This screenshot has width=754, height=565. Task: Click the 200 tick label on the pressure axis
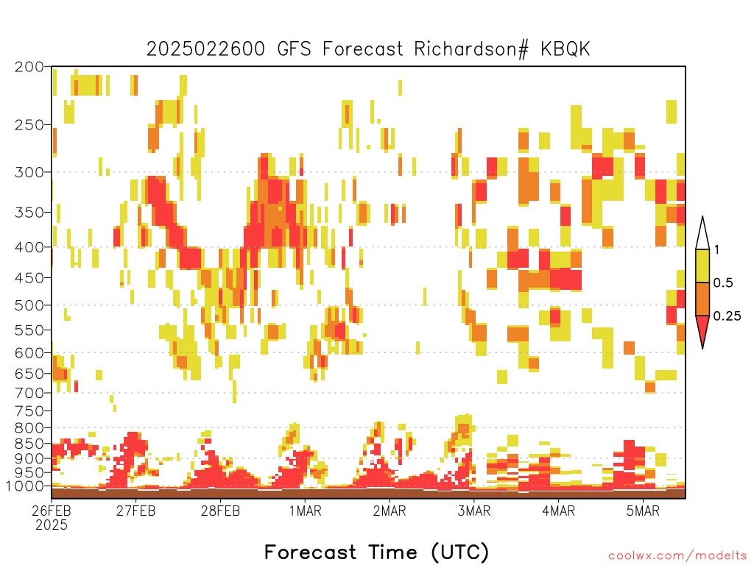point(29,67)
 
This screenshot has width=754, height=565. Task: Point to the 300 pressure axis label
point(29,172)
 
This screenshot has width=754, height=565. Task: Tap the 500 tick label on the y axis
point(29,305)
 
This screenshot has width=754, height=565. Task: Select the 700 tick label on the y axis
point(29,393)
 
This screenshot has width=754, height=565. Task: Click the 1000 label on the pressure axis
point(25,486)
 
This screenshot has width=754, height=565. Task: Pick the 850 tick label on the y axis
point(29,443)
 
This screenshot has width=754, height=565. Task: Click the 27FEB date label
point(136,511)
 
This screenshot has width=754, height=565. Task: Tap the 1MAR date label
point(306,511)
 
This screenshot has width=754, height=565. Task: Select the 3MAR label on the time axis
point(473,511)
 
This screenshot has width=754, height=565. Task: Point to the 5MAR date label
point(643,511)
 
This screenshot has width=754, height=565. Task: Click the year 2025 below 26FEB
point(52,525)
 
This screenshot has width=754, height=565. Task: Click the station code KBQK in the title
point(565,49)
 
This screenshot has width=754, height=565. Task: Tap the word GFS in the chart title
point(295,49)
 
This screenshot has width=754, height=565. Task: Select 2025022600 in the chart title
point(205,49)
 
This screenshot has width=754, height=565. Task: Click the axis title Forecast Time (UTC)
point(376,552)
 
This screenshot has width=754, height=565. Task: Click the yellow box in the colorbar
point(702,266)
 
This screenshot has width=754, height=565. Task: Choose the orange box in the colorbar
point(702,299)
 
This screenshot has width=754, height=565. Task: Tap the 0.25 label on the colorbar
point(727,316)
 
